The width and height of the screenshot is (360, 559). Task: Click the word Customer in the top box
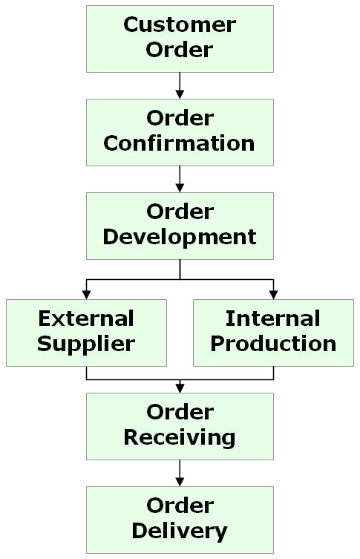[180, 25]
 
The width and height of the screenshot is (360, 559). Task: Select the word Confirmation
[180, 143]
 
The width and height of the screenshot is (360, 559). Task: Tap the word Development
[180, 238]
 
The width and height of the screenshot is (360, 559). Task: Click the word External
[86, 318]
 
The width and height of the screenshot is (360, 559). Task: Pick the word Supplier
[86, 344]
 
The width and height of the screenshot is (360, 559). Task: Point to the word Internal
[273, 318]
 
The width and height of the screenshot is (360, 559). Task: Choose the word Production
[273, 344]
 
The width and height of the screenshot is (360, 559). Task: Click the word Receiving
[180, 438]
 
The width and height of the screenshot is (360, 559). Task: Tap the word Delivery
[180, 532]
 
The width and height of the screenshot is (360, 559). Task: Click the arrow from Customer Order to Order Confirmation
[180, 85]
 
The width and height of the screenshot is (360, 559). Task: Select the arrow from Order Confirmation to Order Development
[180, 179]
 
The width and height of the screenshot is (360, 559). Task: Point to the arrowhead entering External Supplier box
[86, 295]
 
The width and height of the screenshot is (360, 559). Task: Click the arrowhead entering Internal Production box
[273, 295]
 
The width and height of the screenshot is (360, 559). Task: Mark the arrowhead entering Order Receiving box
[180, 388]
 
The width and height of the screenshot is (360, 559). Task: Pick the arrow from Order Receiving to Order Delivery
[180, 473]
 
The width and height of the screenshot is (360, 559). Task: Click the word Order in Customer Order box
[180, 50]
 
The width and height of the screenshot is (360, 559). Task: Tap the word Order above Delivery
[180, 506]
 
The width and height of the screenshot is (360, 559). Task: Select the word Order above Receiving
[180, 413]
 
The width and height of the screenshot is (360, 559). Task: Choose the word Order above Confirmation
[180, 118]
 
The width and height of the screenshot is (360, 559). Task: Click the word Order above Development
[180, 212]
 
